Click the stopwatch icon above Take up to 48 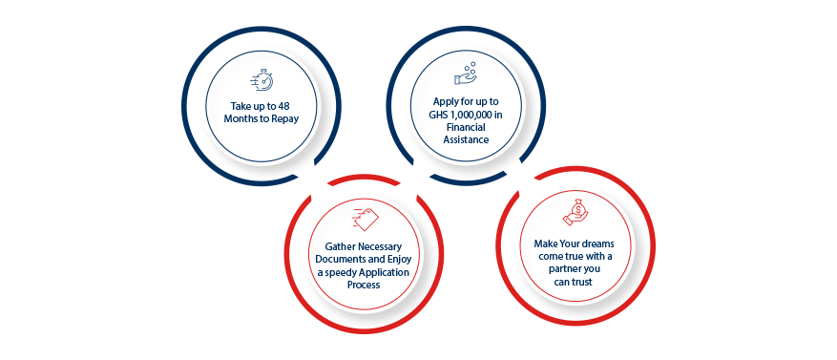[262, 80]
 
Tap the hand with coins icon [466, 74]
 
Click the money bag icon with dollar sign [575, 212]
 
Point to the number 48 [286, 106]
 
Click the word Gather [339, 247]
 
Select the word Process [363, 286]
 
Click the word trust [582, 282]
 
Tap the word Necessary [379, 247]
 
